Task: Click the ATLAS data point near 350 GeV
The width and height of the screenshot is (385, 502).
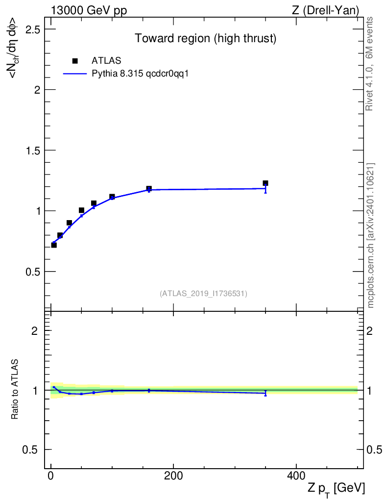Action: (265, 183)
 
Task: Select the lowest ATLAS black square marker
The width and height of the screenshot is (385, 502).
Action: (54, 245)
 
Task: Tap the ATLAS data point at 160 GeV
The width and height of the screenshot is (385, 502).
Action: (149, 188)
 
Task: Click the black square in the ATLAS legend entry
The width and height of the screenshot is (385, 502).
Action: (75, 61)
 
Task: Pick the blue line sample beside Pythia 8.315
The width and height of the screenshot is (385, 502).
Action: (75, 74)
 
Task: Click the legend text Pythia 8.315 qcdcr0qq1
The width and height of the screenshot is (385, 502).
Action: (140, 74)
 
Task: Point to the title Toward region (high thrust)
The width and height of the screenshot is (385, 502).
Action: (206, 38)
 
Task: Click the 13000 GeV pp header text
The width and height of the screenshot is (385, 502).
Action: (89, 11)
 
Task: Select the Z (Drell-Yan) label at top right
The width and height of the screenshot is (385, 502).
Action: (325, 11)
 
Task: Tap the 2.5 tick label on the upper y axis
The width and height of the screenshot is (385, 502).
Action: (33, 29)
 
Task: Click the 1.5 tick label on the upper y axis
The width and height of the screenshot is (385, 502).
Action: (33, 151)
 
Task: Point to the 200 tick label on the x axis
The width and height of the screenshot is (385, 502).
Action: (173, 476)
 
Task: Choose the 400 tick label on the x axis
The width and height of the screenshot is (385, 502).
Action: (296, 476)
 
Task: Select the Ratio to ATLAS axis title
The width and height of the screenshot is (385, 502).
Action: (15, 389)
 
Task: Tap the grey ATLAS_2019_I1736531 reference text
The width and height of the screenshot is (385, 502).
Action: (203, 294)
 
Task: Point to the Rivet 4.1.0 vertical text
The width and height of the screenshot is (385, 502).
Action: (369, 64)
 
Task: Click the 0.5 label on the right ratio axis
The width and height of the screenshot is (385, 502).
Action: (374, 450)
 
